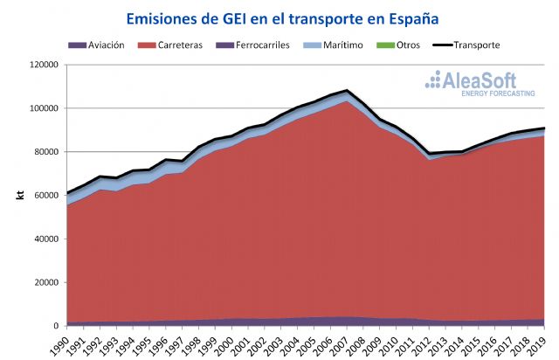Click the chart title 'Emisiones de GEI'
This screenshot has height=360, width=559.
point(281,17)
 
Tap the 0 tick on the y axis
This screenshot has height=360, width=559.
point(54,326)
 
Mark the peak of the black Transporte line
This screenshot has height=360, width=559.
point(347,90)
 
